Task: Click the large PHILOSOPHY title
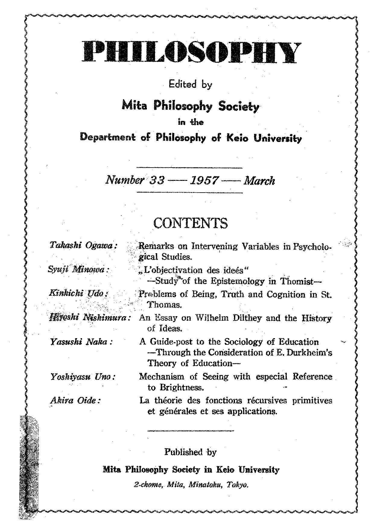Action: [192, 53]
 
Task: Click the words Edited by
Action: [190, 84]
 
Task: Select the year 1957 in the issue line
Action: [204, 181]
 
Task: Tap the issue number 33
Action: [157, 181]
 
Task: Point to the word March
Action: [259, 181]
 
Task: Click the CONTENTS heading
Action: [190, 223]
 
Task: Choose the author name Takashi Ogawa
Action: [83, 245]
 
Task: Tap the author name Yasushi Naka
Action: [81, 342]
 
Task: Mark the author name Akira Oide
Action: [75, 401]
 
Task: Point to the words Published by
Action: [190, 452]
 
